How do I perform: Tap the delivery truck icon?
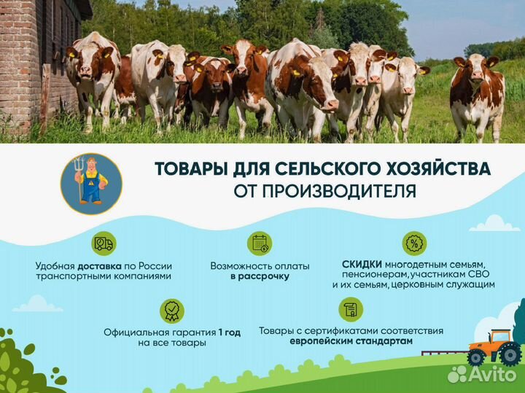pyautogui.click(x=103, y=244)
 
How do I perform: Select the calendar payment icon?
pyautogui.click(x=260, y=244)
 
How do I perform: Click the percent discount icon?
pyautogui.click(x=414, y=244)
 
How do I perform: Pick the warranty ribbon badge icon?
pyautogui.click(x=171, y=311)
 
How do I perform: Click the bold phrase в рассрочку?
pyautogui.click(x=260, y=276)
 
